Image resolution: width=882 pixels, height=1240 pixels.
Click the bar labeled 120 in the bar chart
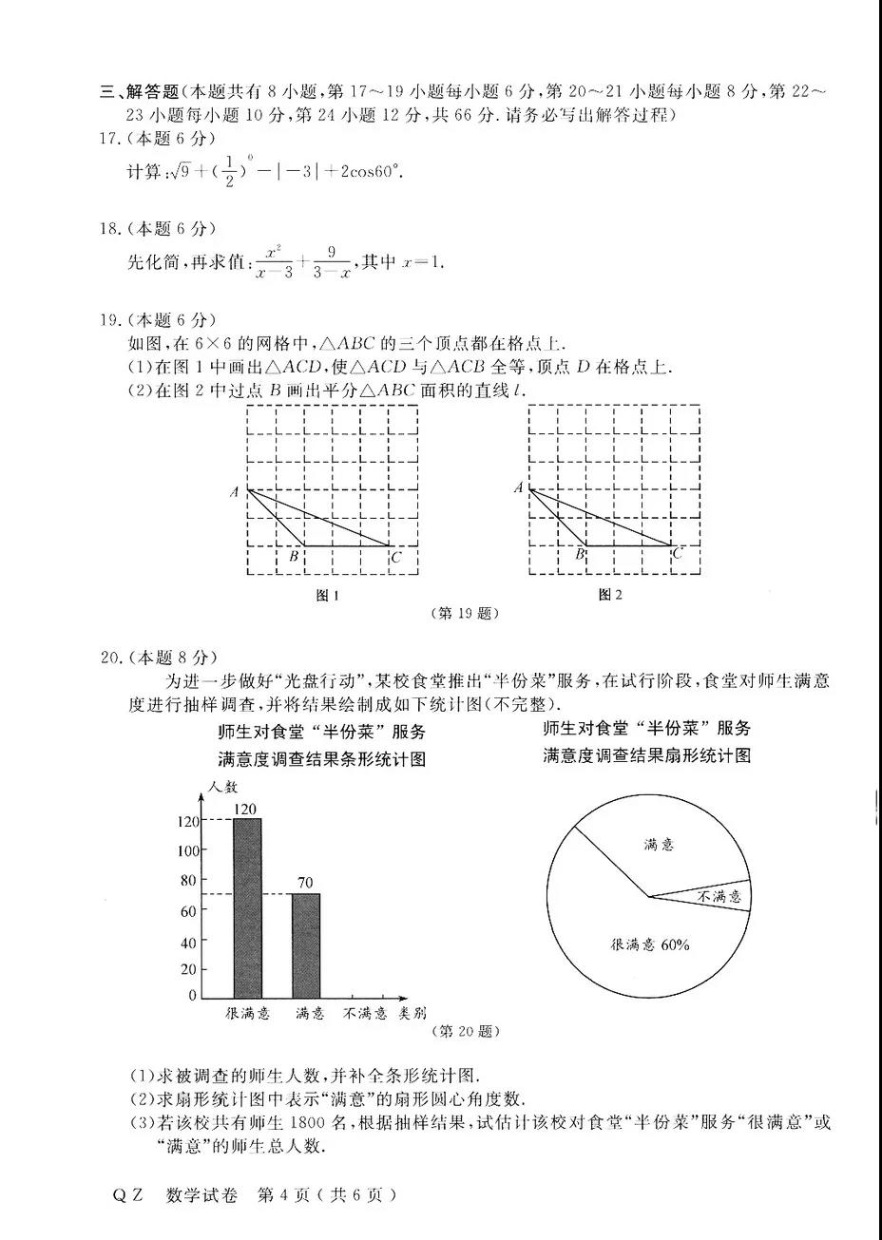(247, 907)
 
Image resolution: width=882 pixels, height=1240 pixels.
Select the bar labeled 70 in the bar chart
(305, 944)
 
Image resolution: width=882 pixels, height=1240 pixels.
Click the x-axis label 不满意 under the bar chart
(365, 1014)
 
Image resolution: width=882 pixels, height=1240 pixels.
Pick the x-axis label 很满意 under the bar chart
(247, 1014)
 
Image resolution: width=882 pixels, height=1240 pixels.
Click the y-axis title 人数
(223, 787)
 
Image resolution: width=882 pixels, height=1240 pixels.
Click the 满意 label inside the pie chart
(658, 844)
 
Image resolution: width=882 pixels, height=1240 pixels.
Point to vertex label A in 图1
(234, 492)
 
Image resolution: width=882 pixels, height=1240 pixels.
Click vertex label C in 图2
(677, 554)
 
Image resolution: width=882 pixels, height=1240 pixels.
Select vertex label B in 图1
(294, 557)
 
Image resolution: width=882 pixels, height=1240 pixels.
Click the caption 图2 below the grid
(609, 595)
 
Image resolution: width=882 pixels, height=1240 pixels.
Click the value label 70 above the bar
(304, 883)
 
